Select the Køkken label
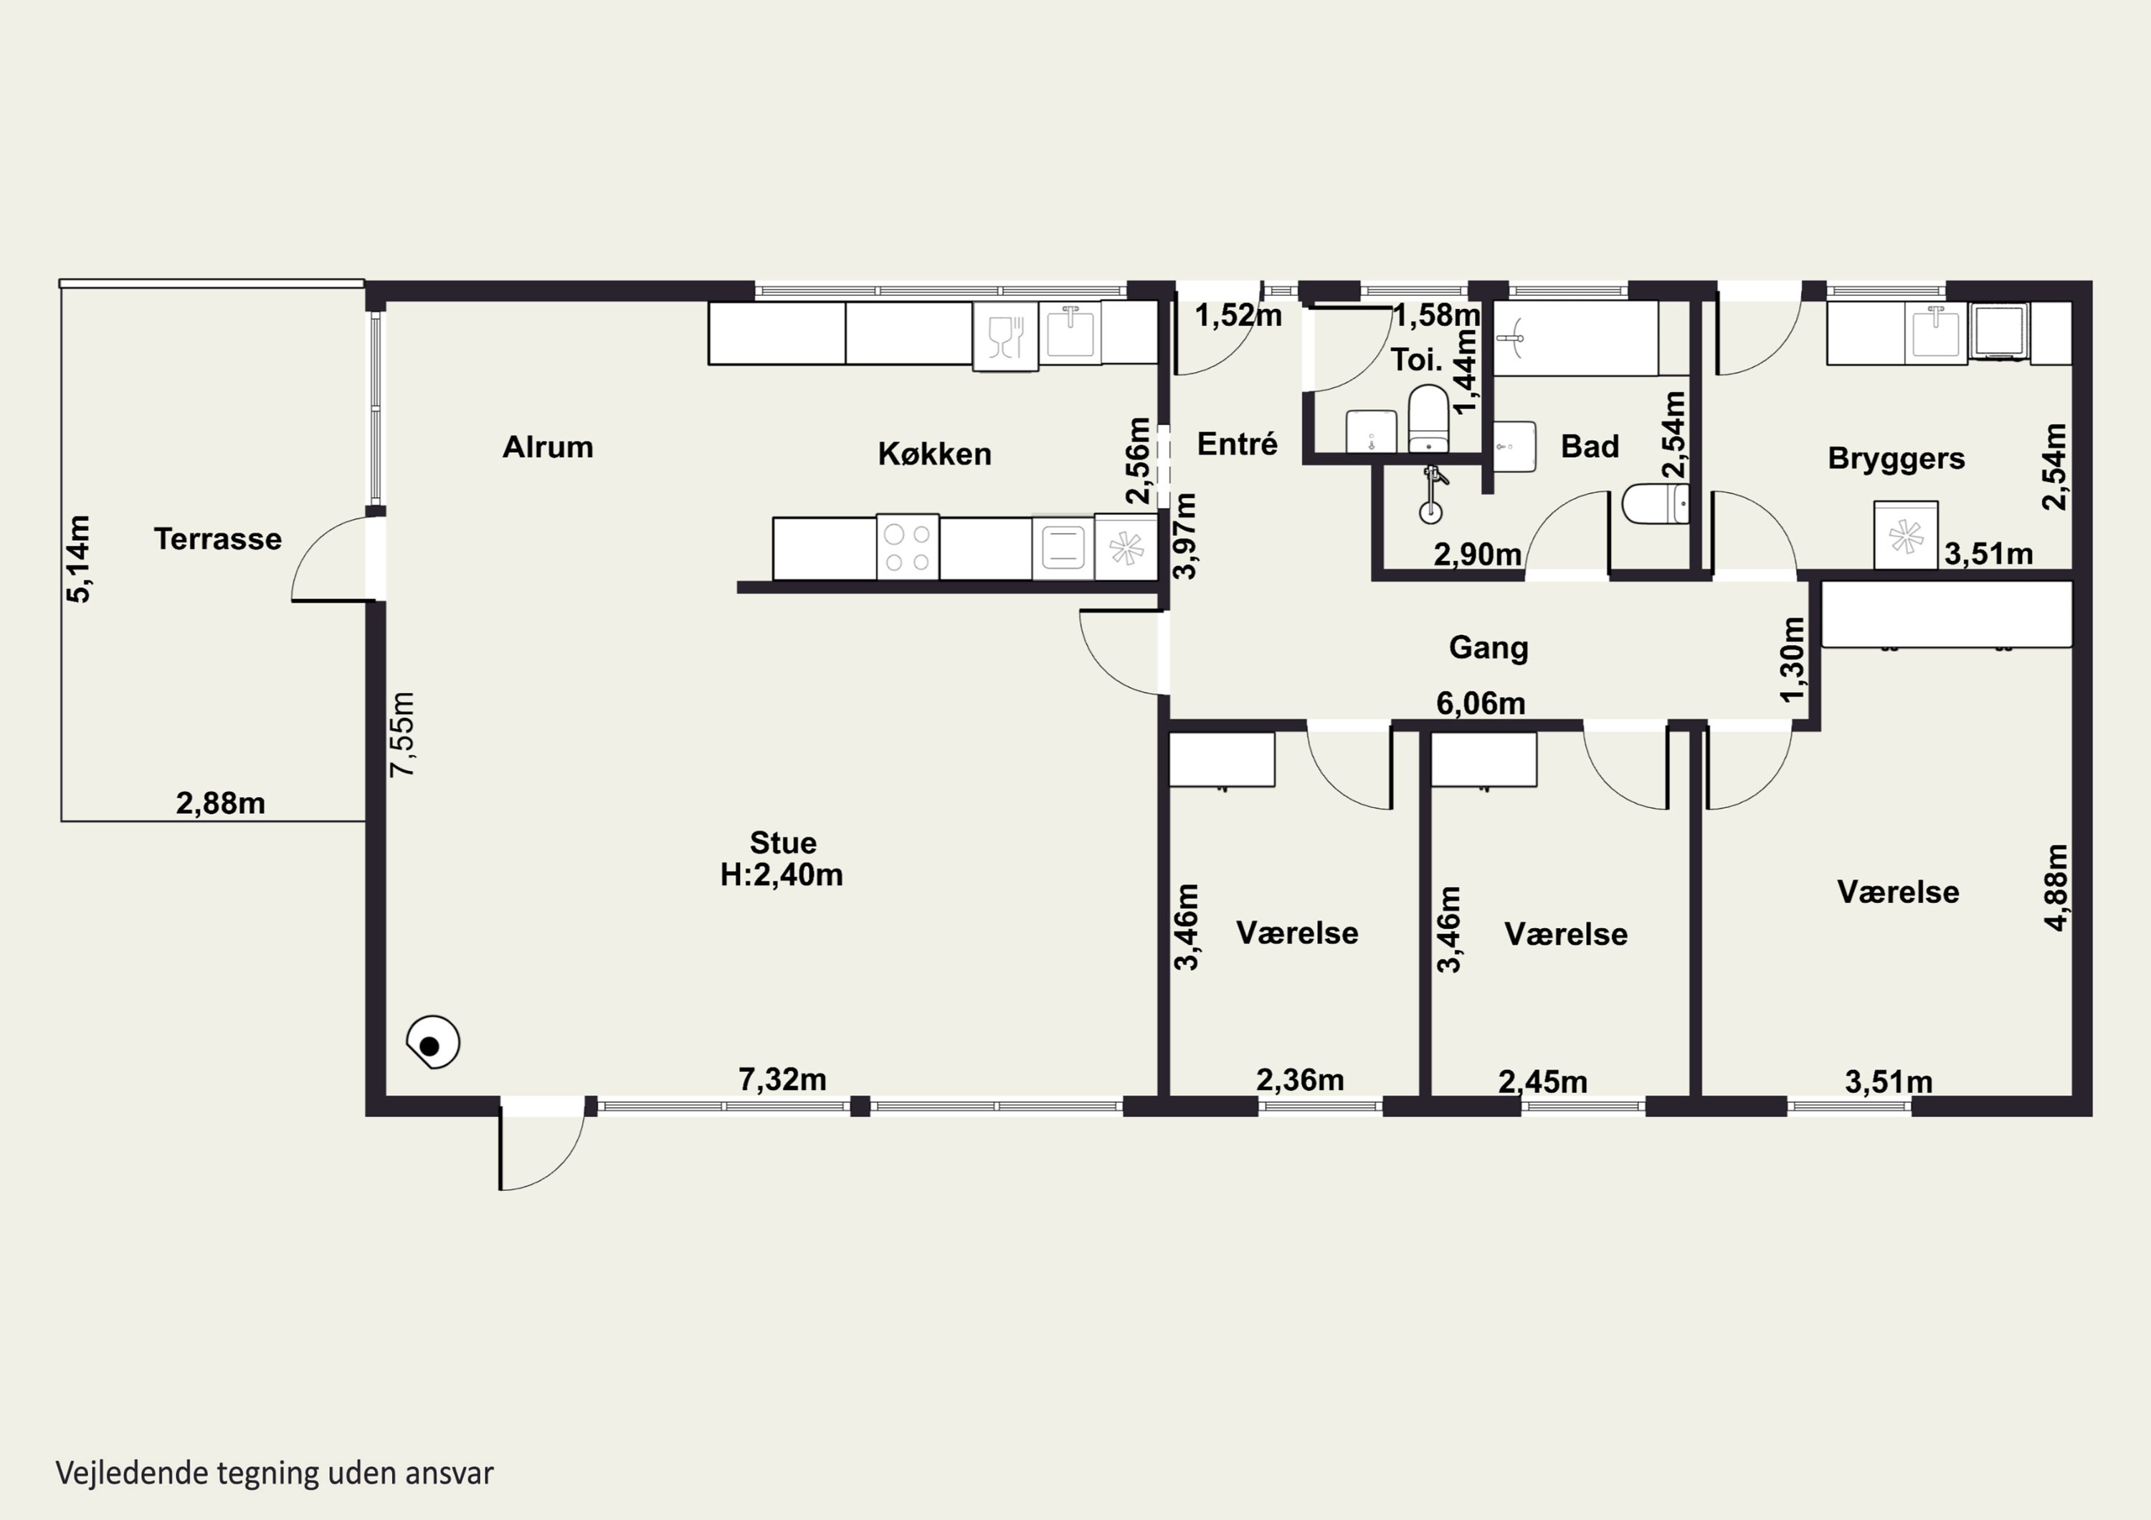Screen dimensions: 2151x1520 (934, 454)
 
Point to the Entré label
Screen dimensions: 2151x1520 (1237, 443)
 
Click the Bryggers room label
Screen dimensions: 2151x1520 (1896, 459)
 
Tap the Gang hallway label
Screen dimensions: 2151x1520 (1488, 647)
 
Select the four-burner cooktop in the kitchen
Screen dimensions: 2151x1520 (907, 547)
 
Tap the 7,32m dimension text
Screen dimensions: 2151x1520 (782, 1080)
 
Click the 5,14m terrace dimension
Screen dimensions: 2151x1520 (80, 559)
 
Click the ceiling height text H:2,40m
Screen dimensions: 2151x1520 (782, 875)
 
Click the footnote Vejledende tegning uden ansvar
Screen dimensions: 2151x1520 (275, 1473)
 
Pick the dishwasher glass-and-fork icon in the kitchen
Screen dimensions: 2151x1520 (1005, 337)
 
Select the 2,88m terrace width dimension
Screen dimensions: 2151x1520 (220, 803)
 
